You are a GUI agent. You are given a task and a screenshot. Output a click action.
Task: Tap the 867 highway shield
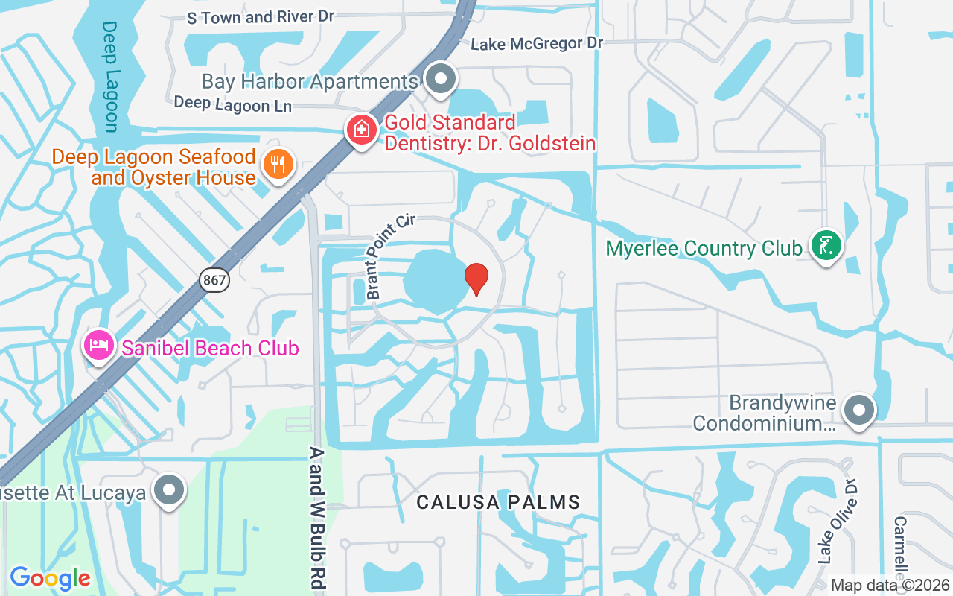pyautogui.click(x=214, y=280)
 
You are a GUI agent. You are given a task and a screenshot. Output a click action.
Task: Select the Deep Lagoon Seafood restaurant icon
pyautogui.click(x=278, y=164)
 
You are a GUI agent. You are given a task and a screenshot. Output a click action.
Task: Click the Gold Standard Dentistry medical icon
pyautogui.click(x=362, y=130)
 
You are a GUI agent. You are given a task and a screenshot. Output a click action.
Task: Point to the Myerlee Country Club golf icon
pyautogui.click(x=826, y=247)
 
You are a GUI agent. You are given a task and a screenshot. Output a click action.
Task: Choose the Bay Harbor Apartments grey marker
pyautogui.click(x=442, y=77)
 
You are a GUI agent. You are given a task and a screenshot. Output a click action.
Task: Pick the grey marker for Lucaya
pyautogui.click(x=169, y=490)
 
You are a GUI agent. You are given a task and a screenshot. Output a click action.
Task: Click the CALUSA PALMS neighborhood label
pyautogui.click(x=498, y=502)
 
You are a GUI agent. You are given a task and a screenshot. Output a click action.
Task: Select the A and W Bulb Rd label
pyautogui.click(x=317, y=517)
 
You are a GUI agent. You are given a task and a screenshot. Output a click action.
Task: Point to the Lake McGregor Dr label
pyautogui.click(x=537, y=44)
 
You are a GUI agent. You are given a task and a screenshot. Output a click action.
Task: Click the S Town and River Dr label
pyautogui.click(x=261, y=17)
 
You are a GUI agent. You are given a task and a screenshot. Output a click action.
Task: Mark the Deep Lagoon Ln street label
pyautogui.click(x=232, y=104)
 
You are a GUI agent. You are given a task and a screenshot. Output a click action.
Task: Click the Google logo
pyautogui.click(x=50, y=577)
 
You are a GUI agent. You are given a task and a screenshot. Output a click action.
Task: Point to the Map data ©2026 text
pyautogui.click(x=890, y=585)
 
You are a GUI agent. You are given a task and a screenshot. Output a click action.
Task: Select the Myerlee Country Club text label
pyautogui.click(x=704, y=247)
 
